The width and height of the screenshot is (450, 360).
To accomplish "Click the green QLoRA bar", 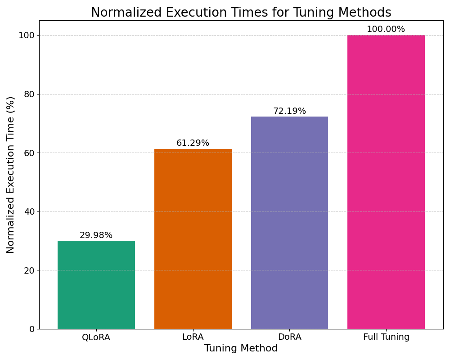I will tap(96, 284).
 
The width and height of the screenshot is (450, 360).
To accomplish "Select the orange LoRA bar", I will tap(193, 238).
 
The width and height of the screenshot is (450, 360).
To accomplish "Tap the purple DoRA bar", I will tap(289, 223).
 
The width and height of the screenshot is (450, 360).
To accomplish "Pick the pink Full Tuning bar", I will tap(386, 182).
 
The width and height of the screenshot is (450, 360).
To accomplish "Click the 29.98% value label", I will tap(96, 235).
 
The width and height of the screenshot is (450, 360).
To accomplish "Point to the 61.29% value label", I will tap(193, 143).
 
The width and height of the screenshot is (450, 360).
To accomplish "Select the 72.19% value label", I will tap(289, 111).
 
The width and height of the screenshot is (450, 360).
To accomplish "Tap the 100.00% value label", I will tap(386, 29).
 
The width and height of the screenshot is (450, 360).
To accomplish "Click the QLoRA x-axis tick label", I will tap(96, 337).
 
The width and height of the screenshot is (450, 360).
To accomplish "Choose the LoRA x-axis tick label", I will tap(193, 337).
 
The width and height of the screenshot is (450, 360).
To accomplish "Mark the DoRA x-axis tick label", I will tap(289, 337).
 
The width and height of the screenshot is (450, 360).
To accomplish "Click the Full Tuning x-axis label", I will tap(386, 337).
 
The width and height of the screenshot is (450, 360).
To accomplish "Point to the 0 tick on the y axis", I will tap(32, 329).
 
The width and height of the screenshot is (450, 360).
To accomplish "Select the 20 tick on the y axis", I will tap(29, 270).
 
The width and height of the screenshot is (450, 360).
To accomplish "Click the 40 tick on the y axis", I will tap(29, 211).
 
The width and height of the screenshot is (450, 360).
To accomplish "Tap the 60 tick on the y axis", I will tap(29, 153).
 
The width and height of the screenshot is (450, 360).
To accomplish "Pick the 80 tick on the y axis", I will tap(29, 94).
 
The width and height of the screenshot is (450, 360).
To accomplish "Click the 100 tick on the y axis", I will tap(27, 36).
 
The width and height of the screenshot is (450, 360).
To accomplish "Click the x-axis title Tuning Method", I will tap(241, 349).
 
